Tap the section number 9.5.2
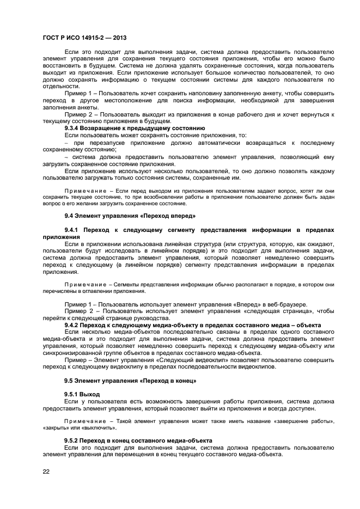[74, 439]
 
